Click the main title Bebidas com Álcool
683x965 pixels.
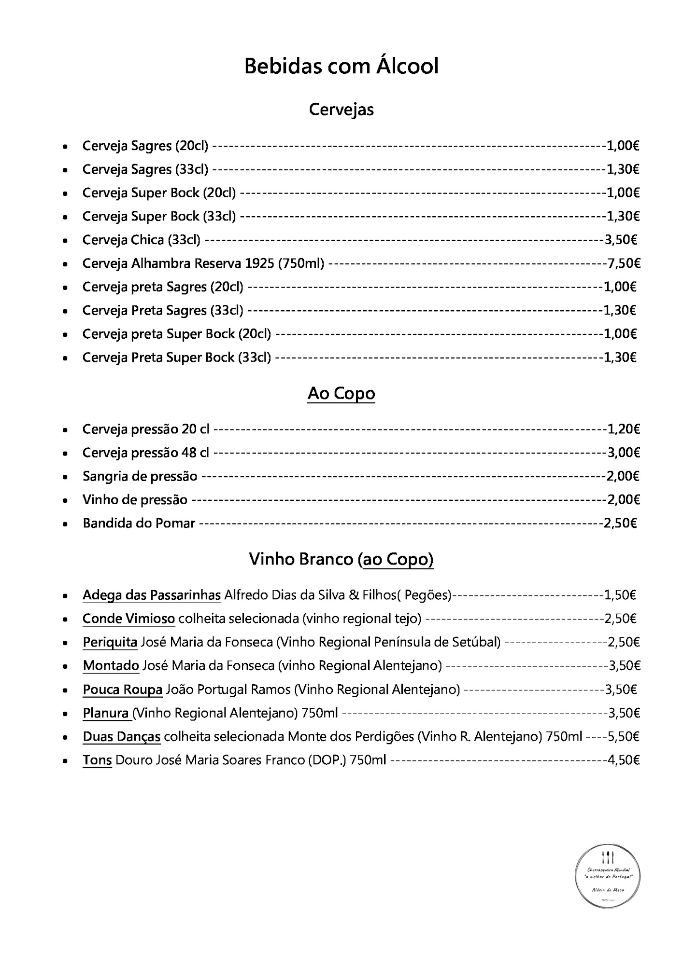click(x=341, y=66)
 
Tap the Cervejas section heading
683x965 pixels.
click(x=341, y=110)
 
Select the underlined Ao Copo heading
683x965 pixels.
click(x=341, y=394)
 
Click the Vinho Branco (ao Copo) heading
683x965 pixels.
click(x=341, y=559)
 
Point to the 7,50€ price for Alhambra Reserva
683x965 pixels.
click(x=624, y=263)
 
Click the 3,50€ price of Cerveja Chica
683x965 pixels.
click(x=621, y=240)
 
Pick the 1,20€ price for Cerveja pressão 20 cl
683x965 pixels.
click(x=624, y=429)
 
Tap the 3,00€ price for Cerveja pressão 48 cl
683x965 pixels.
click(x=624, y=453)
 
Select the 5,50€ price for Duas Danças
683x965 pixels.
click(x=624, y=737)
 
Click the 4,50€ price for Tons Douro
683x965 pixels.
click(x=624, y=760)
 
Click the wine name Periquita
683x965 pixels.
click(x=110, y=642)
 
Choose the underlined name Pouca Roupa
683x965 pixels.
click(x=123, y=689)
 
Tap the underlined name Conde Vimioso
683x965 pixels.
click(x=128, y=619)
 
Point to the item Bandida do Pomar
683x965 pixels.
click(x=139, y=524)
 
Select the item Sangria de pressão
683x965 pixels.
click(x=140, y=477)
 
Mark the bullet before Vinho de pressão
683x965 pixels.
click(x=65, y=500)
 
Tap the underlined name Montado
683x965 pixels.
click(x=111, y=666)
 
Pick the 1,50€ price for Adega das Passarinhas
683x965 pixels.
click(x=620, y=595)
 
